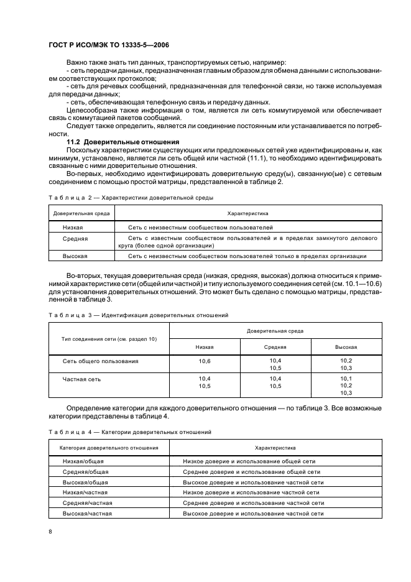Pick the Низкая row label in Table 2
click(x=73, y=228)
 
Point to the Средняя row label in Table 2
click(x=75, y=239)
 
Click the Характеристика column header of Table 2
click(x=246, y=213)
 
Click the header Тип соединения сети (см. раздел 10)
click(x=109, y=339)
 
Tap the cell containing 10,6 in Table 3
click(x=205, y=361)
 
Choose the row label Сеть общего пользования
click(x=101, y=361)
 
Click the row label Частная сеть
click(x=81, y=379)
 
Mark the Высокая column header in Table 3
click(x=346, y=347)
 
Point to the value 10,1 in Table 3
click(x=346, y=378)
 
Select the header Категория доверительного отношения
click(x=109, y=447)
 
